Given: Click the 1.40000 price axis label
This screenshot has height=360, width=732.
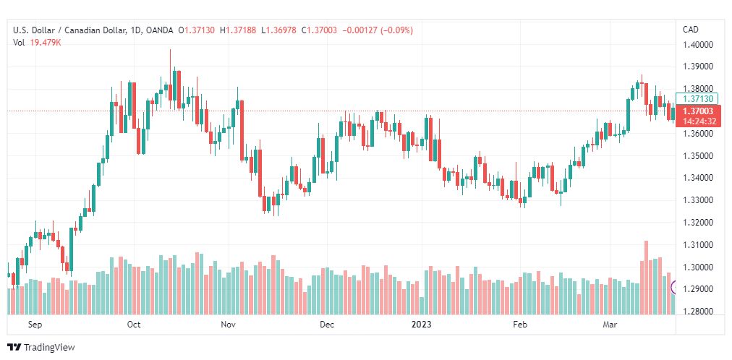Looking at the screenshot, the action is click(x=698, y=45).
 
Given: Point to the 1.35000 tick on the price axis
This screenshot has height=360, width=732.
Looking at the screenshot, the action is click(x=698, y=155).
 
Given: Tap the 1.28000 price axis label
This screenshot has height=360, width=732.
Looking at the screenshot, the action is click(x=698, y=312).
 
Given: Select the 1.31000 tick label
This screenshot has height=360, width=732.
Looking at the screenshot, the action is click(x=698, y=245).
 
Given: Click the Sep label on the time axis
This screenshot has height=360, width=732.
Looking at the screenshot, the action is click(x=35, y=325).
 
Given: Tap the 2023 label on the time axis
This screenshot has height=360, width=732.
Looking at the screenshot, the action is click(x=421, y=325).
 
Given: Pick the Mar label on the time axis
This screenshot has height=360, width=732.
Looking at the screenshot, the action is click(x=609, y=325).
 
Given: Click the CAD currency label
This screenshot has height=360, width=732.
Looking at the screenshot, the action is click(x=691, y=30).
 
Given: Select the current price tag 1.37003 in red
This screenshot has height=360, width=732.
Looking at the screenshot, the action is click(x=698, y=111).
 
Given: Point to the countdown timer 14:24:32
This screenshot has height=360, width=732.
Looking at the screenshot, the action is click(x=699, y=121).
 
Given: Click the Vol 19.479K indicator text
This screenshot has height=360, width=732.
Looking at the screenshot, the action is click(x=38, y=43).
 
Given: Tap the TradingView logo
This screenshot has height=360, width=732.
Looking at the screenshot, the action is click(x=41, y=347).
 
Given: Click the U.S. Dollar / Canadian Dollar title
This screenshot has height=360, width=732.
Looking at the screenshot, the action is click(x=69, y=31).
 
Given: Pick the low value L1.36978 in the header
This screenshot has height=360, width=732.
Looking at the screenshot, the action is click(x=278, y=31).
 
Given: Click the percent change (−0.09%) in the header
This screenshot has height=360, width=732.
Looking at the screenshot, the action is click(x=397, y=31).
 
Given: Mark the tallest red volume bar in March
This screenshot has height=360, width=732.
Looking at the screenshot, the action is click(x=646, y=278).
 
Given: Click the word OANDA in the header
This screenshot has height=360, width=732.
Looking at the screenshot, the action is click(x=158, y=31).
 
